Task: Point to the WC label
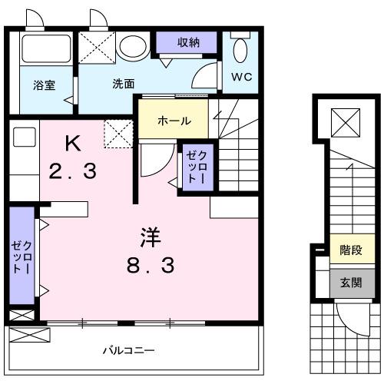(241, 78)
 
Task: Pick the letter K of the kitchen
(72, 142)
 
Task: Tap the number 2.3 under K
(74, 170)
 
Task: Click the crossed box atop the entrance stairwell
(342, 121)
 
